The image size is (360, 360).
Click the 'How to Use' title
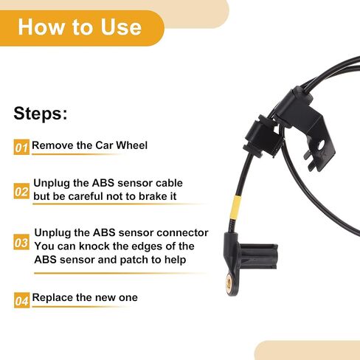tap(79, 27)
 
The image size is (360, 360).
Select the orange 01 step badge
tap(21, 147)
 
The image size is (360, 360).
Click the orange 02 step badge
tap(21, 191)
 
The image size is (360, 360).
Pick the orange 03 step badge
tap(22, 243)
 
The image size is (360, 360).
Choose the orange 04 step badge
tap(21, 300)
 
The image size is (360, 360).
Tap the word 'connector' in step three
tap(179, 232)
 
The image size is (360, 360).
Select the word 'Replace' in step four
tap(54, 298)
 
